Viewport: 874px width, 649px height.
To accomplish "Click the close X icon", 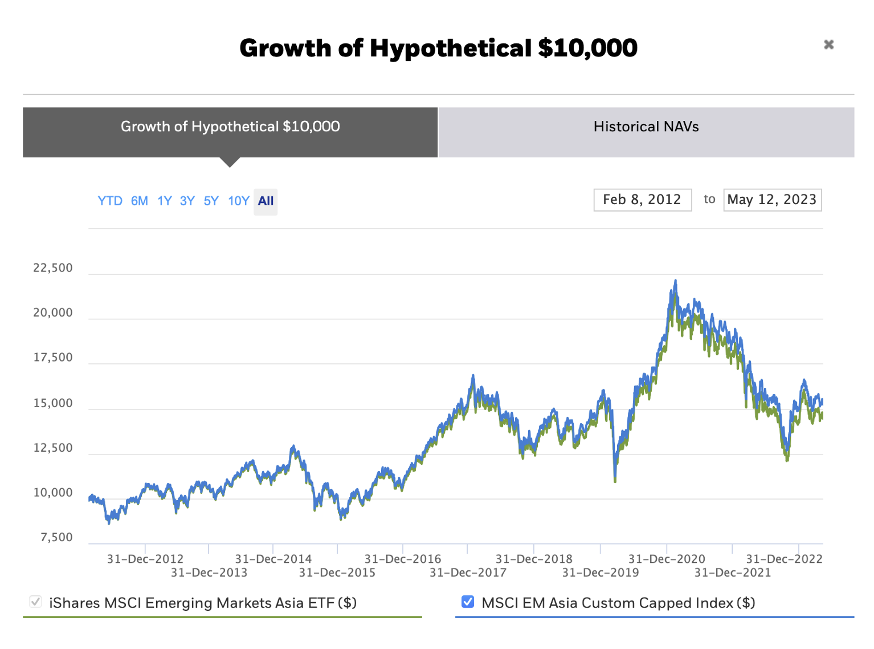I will (828, 44).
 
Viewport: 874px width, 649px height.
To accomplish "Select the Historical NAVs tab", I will (646, 127).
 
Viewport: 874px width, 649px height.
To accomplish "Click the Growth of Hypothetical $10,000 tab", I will (230, 127).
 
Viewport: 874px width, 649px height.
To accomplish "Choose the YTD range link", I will (109, 201).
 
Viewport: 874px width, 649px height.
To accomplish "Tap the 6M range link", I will (139, 201).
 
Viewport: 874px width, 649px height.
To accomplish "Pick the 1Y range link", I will (165, 201).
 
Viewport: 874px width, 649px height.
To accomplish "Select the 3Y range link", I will (187, 201).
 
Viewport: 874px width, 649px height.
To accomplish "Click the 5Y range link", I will (211, 201).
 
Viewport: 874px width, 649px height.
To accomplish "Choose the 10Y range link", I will (238, 201).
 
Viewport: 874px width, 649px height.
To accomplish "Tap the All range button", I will (266, 201).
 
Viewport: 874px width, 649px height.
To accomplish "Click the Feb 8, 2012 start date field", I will (642, 200).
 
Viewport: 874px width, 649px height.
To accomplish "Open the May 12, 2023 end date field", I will (772, 200).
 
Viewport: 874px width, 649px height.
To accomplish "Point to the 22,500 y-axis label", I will (53, 268).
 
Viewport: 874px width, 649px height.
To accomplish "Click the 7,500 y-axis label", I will (56, 537).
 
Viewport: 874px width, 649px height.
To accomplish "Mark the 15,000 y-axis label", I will (53, 403).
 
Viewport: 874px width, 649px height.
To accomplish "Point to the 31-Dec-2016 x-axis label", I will (403, 559).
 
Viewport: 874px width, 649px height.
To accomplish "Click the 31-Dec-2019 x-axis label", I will (601, 573).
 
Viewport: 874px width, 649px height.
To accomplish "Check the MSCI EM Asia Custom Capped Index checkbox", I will (468, 602).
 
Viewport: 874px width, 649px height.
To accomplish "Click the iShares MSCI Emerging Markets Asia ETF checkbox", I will (35, 602).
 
